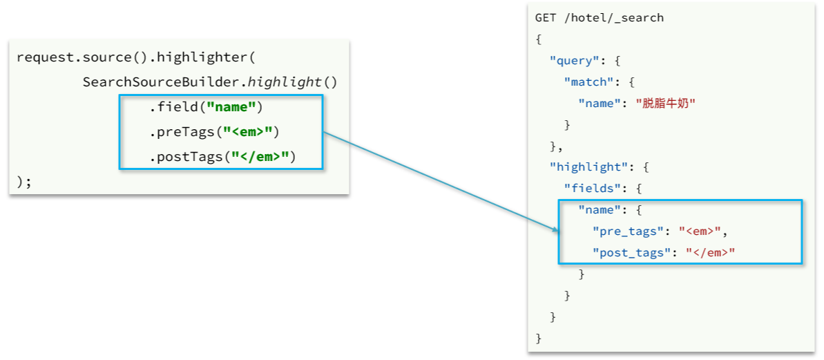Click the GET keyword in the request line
(546, 18)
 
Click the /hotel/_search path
(613, 18)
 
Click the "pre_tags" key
(632, 231)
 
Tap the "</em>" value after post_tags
(710, 253)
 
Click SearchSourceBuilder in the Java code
(162, 82)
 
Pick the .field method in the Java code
(174, 108)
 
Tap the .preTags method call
(182, 132)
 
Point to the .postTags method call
(186, 157)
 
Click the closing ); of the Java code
(24, 182)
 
